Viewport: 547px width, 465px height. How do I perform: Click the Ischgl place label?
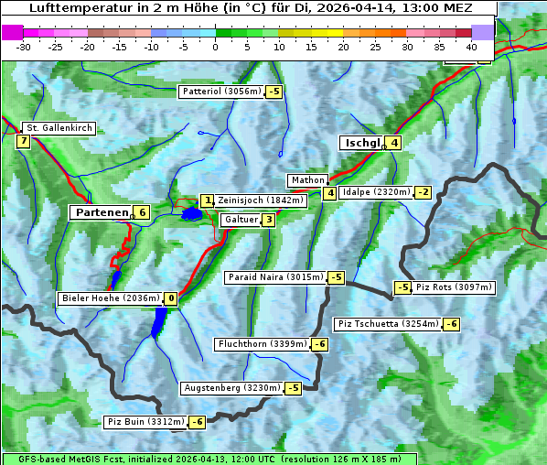click(361, 143)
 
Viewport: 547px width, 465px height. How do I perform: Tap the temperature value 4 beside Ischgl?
click(393, 143)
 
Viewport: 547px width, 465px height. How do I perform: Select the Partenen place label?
click(101, 212)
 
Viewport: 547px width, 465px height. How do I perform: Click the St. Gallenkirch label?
click(59, 128)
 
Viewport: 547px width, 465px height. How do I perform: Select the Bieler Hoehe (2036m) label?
click(110, 298)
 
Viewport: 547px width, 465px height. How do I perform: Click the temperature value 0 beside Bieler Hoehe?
click(170, 298)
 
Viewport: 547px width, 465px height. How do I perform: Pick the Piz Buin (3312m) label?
click(145, 422)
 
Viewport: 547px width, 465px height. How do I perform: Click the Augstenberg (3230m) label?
click(231, 388)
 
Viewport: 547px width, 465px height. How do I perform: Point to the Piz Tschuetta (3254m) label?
click(388, 324)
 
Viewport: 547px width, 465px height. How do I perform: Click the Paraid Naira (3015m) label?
click(274, 277)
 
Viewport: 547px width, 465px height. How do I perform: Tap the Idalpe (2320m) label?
click(375, 192)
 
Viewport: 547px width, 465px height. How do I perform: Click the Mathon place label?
click(306, 180)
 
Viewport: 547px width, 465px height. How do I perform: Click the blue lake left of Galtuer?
click(191, 214)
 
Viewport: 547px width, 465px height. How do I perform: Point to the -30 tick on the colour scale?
click(25, 46)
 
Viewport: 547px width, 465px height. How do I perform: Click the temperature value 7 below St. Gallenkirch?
click(23, 141)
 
